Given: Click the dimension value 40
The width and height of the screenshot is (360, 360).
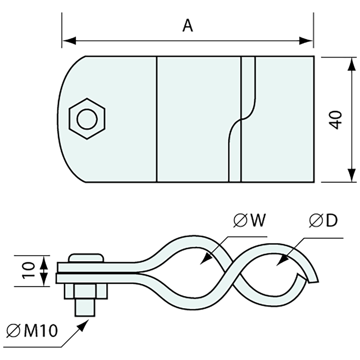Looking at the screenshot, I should [336, 120].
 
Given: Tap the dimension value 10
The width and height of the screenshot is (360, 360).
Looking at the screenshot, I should [29, 270].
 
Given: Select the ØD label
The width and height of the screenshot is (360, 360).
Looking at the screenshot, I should [323, 222].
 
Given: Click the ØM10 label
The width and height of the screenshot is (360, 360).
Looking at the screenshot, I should [32, 332].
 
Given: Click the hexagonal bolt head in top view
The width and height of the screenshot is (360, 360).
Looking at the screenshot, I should [87, 118].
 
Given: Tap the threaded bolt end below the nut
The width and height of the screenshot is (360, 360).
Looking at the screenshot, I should [85, 308].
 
